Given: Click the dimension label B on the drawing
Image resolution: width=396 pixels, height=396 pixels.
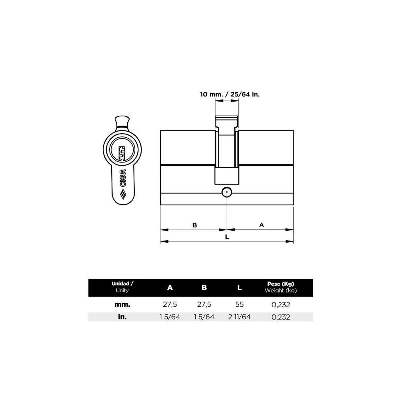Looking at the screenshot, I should [x=195, y=225].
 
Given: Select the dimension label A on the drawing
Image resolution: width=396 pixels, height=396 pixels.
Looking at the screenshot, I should [x=262, y=225].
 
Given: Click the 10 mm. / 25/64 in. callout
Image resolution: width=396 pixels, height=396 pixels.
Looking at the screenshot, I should [x=230, y=95].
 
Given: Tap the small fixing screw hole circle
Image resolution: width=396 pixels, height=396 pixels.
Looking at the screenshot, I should [x=227, y=193].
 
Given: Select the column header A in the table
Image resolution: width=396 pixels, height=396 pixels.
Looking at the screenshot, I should [x=170, y=287].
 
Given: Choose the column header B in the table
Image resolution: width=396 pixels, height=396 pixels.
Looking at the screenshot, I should [x=204, y=287].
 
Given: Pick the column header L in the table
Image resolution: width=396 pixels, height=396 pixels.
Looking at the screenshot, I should [x=239, y=287].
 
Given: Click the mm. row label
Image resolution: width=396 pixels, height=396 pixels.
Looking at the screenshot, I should [x=122, y=305].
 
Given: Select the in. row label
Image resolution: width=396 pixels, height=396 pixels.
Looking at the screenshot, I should [x=122, y=317].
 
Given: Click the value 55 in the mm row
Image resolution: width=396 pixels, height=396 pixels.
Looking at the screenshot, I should [x=239, y=305].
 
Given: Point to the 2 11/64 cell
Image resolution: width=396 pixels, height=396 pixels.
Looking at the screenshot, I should [x=239, y=317].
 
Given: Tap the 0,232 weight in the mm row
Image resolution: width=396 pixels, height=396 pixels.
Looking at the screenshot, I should [x=280, y=305].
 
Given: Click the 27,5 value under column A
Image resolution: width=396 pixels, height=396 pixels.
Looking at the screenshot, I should [x=170, y=305].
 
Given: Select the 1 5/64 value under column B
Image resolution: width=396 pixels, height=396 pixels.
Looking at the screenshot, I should [x=204, y=317].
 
